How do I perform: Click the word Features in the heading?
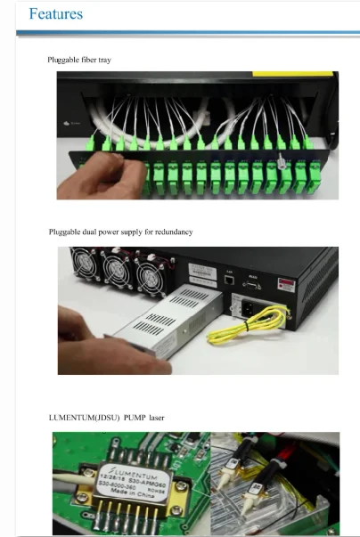[x=55, y=14]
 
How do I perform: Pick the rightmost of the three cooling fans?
[x=147, y=271]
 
